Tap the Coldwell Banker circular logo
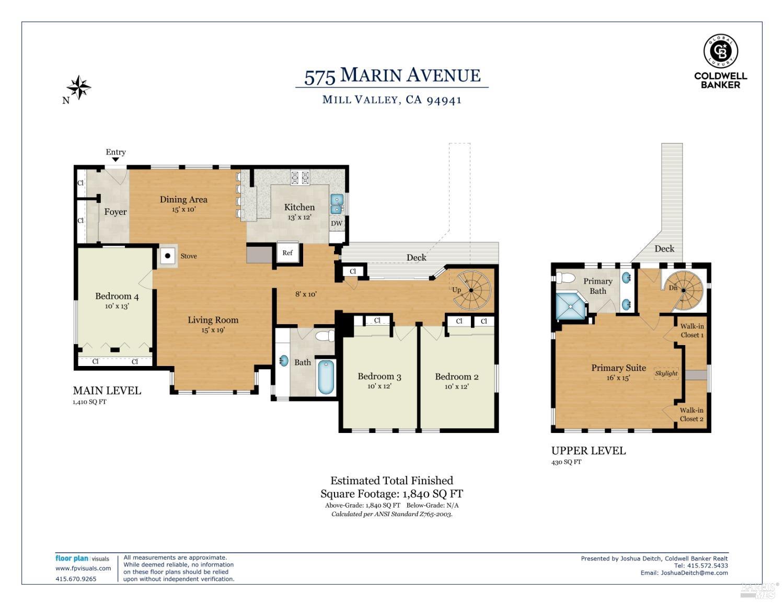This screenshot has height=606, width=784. (x=720, y=51)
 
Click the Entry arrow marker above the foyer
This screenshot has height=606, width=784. (x=116, y=160)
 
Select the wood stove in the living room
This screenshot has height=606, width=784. (x=168, y=256)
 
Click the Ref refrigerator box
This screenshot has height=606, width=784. (x=287, y=253)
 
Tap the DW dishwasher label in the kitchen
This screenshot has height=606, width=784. (x=337, y=224)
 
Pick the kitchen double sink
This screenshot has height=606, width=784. (x=337, y=204)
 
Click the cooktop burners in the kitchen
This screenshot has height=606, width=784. (x=300, y=178)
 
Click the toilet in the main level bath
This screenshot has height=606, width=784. (x=325, y=335)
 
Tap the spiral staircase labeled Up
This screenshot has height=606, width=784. (x=472, y=290)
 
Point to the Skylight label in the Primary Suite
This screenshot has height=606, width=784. (x=666, y=373)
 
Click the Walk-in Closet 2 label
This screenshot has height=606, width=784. (x=691, y=415)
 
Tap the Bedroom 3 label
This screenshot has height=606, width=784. (x=379, y=376)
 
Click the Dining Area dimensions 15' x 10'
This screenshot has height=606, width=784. (x=183, y=209)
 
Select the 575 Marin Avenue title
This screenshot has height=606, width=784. (x=392, y=76)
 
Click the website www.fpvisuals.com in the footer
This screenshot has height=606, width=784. (x=83, y=568)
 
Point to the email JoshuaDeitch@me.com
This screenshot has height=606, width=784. (x=694, y=573)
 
